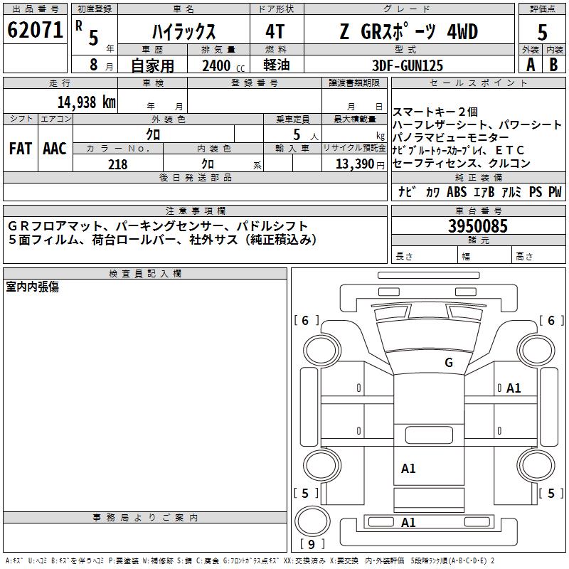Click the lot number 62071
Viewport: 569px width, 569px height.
[35, 31]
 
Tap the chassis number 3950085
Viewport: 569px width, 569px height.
[478, 227]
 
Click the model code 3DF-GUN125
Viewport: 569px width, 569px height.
[407, 65]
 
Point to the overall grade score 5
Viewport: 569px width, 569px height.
[543, 32]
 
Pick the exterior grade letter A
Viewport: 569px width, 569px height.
[531, 65]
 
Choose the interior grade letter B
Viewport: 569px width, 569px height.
[554, 65]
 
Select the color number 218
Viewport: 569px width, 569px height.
[117, 164]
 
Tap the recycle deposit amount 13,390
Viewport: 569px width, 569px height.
[356, 164]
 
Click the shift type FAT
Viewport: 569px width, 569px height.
[21, 149]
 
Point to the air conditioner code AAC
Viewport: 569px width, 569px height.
[55, 149]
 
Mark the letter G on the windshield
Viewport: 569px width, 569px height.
[448, 363]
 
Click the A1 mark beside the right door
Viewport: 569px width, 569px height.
[514, 388]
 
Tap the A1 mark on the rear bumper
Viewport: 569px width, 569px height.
[408, 523]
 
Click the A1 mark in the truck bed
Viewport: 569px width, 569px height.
[408, 468]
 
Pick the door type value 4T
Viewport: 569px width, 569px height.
[277, 32]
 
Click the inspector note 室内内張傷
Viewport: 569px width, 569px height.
[33, 287]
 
